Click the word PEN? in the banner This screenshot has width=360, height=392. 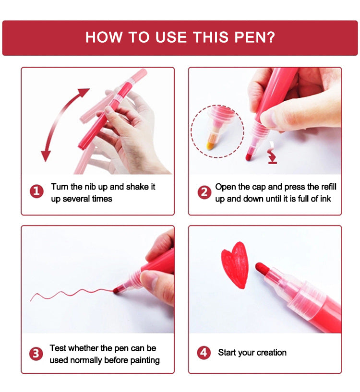coord(254,37)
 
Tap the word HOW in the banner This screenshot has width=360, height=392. coord(104,37)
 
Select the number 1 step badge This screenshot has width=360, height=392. coord(36,191)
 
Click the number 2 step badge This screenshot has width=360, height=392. coord(204,192)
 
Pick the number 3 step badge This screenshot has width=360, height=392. coord(36,354)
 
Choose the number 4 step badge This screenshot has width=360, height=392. coord(204,353)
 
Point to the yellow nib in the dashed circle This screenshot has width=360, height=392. coord(210,145)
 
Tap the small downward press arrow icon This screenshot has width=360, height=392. coord(272,155)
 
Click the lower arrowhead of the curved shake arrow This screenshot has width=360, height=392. coord(46,156)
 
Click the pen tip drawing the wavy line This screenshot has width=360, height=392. coord(116,290)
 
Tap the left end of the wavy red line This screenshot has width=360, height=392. coord(30,301)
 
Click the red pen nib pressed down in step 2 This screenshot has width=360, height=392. coord(249,157)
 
